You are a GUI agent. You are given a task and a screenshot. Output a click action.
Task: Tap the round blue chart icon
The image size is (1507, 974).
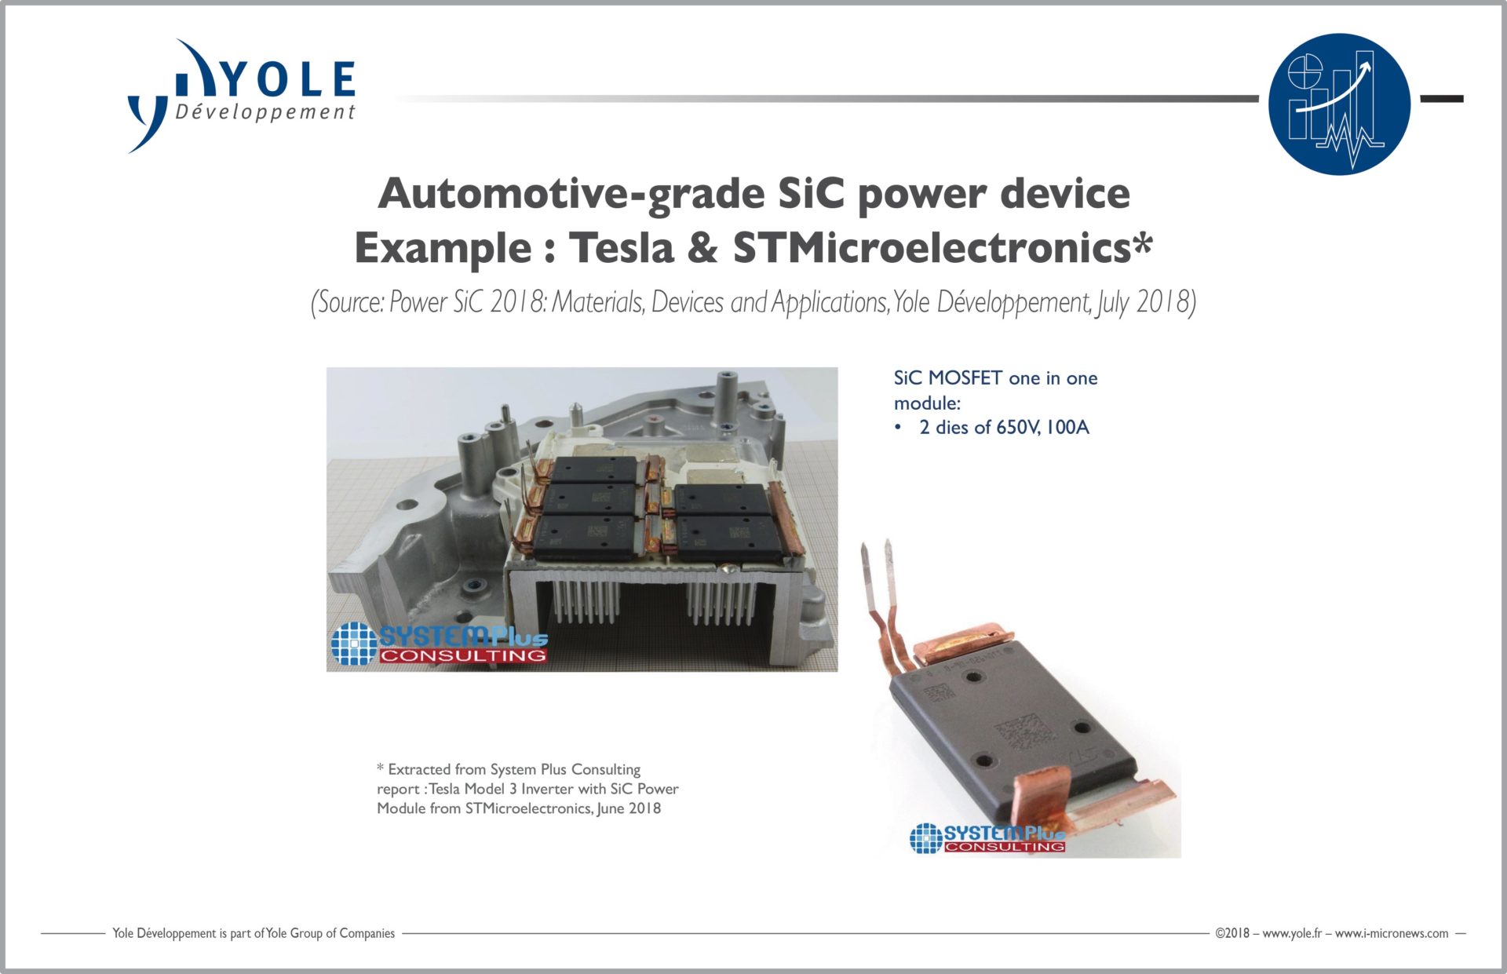tap(1339, 104)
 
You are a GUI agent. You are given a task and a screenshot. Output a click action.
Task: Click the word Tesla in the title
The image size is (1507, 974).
tap(622, 247)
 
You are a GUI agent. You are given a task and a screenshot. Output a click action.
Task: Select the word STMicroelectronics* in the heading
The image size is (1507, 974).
tap(943, 247)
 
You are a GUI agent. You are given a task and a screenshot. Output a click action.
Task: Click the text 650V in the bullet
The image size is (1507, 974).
tap(1017, 428)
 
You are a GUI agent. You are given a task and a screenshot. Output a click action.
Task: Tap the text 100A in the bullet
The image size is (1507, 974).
tap(1067, 428)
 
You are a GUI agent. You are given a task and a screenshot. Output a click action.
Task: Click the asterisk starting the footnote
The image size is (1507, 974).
tap(381, 768)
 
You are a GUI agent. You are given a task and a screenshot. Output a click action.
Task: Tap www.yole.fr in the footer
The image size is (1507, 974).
tap(1292, 933)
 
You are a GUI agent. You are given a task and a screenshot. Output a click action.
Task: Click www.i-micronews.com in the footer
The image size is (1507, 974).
tap(1392, 933)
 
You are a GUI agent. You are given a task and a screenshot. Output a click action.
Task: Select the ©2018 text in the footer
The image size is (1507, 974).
tap(1232, 933)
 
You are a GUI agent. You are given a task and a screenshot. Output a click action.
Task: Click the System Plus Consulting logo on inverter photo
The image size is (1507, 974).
tap(439, 644)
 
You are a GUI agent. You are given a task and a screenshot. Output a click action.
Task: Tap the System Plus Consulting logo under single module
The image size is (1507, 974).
tap(987, 837)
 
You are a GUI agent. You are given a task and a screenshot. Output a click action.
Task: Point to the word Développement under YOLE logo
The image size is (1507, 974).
tap(265, 112)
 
